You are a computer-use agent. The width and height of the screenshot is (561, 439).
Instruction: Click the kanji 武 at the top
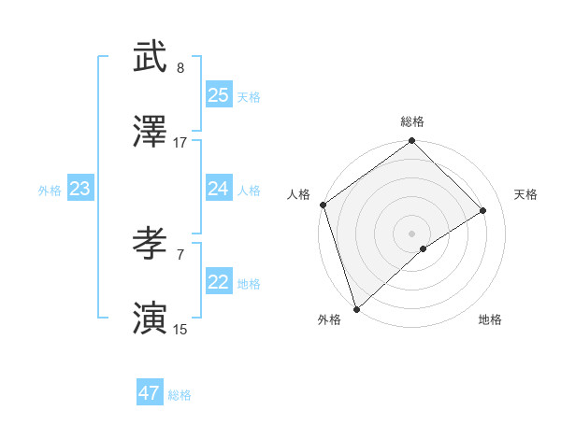[150, 58]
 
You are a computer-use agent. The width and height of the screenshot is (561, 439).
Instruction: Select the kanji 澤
[150, 133]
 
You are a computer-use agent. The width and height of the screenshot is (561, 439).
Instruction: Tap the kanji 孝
[150, 245]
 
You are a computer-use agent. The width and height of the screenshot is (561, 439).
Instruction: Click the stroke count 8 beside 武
[180, 68]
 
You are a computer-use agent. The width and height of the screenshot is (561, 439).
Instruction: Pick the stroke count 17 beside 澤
[180, 143]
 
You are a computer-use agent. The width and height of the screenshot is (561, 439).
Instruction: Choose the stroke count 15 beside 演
[180, 330]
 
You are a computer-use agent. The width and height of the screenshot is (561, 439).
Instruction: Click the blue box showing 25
[219, 94]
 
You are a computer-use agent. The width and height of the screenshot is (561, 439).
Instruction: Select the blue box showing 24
[219, 189]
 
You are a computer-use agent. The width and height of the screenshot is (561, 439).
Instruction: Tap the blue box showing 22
[219, 282]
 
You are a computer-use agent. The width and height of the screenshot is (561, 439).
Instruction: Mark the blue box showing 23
[80, 189]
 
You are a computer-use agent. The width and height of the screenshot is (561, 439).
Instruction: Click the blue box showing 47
[150, 393]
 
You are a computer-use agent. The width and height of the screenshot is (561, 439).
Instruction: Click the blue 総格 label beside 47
[180, 396]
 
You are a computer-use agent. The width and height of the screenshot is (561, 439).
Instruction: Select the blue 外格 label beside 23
[50, 191]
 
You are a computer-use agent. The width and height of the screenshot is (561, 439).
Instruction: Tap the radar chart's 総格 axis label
[412, 121]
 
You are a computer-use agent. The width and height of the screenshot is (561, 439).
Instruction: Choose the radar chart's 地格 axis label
[490, 320]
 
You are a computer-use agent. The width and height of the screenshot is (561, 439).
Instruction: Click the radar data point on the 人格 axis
[323, 205]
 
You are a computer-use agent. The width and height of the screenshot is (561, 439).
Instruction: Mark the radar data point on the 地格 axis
[424, 248]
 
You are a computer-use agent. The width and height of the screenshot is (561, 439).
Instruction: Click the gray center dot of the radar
[411, 233]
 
